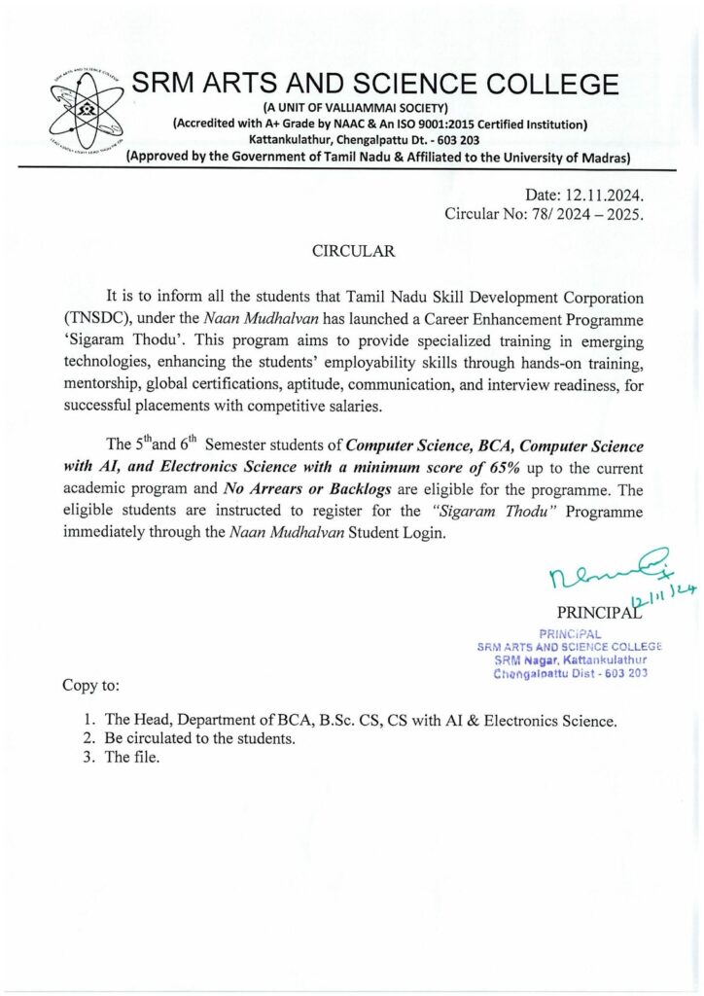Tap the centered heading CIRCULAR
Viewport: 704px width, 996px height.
point(353,251)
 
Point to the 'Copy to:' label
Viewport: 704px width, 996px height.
point(91,686)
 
